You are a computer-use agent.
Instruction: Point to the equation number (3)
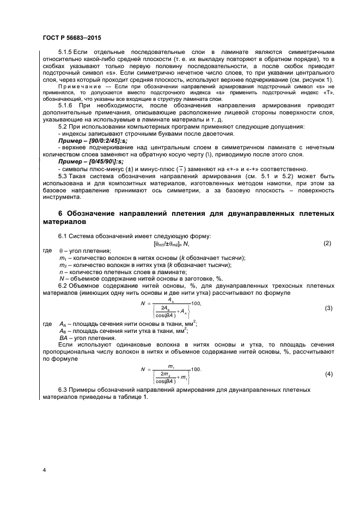pyautogui.click(x=328, y=308)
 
